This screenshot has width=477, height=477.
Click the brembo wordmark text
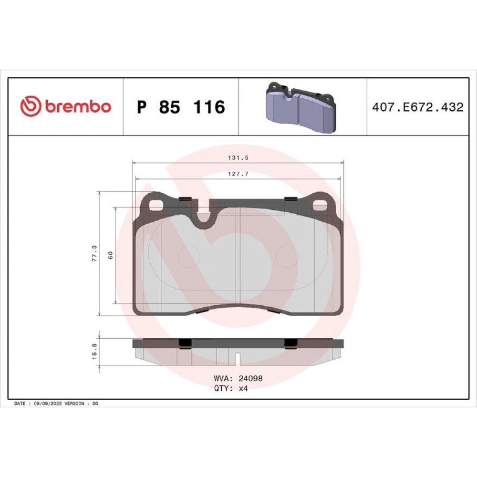[x=78, y=106]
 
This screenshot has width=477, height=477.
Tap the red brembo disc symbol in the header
[x=31, y=106]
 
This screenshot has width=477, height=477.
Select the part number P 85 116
[x=181, y=107]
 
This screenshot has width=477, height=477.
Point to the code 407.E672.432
[x=418, y=107]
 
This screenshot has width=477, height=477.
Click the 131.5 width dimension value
[x=238, y=157]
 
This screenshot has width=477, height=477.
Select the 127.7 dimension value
[x=238, y=174]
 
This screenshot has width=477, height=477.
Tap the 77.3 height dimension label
[x=94, y=253]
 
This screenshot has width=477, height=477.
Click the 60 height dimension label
[x=111, y=255]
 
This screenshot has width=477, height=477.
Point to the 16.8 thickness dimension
[x=94, y=352]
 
